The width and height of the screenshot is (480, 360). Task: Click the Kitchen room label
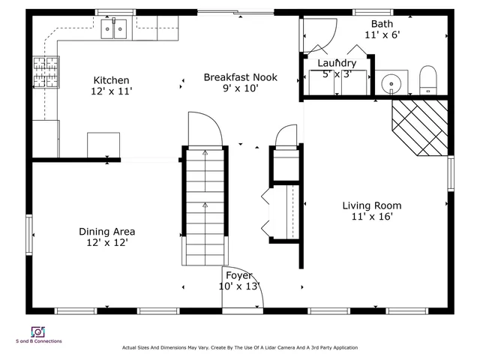(x=111, y=80)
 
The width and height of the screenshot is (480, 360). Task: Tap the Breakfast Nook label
(x=241, y=77)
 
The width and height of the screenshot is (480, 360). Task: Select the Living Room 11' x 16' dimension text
(x=372, y=217)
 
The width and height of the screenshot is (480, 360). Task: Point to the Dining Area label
(x=107, y=232)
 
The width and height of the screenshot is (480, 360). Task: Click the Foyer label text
(x=238, y=275)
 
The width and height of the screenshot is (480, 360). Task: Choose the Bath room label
(x=382, y=24)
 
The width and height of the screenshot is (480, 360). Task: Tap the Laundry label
(x=337, y=63)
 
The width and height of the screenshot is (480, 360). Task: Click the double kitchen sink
(x=114, y=30)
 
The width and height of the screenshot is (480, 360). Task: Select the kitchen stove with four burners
(x=45, y=73)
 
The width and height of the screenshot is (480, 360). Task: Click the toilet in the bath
(x=427, y=79)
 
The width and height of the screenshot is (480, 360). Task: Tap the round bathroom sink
(x=390, y=83)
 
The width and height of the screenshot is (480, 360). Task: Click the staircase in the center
(x=204, y=206)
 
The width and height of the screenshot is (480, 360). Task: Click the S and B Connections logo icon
(x=37, y=331)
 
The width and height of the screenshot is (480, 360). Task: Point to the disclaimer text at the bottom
(x=240, y=348)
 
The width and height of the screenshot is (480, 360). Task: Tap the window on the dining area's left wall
(x=30, y=235)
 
